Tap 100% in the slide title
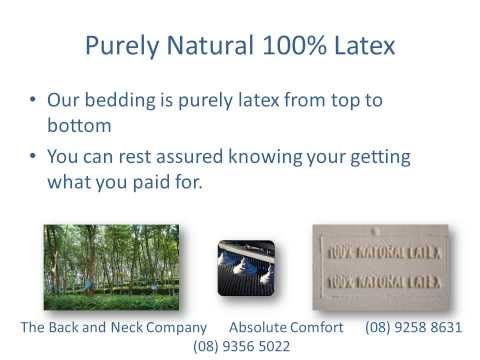pos(290,46)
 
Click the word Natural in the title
pos(210,46)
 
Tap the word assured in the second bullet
pos(208,158)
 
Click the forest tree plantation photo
pos(111,267)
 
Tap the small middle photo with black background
pos(246,267)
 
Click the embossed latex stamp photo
pos(380,267)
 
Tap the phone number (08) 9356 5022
pos(240,346)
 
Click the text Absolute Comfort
pos(286,327)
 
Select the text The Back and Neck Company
pos(113,327)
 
